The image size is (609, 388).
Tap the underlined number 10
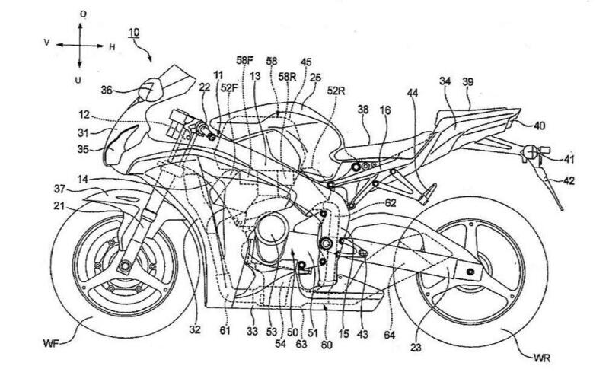pyautogui.click(x=133, y=33)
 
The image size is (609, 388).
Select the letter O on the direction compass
pyautogui.click(x=83, y=14)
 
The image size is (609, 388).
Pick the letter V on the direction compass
pyautogui.click(x=46, y=44)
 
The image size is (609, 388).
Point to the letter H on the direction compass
pyautogui.click(x=112, y=47)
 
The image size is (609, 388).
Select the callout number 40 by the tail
pyautogui.click(x=560, y=126)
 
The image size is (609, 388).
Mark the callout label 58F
pyautogui.click(x=245, y=60)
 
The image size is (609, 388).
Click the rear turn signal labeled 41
pyautogui.click(x=527, y=156)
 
